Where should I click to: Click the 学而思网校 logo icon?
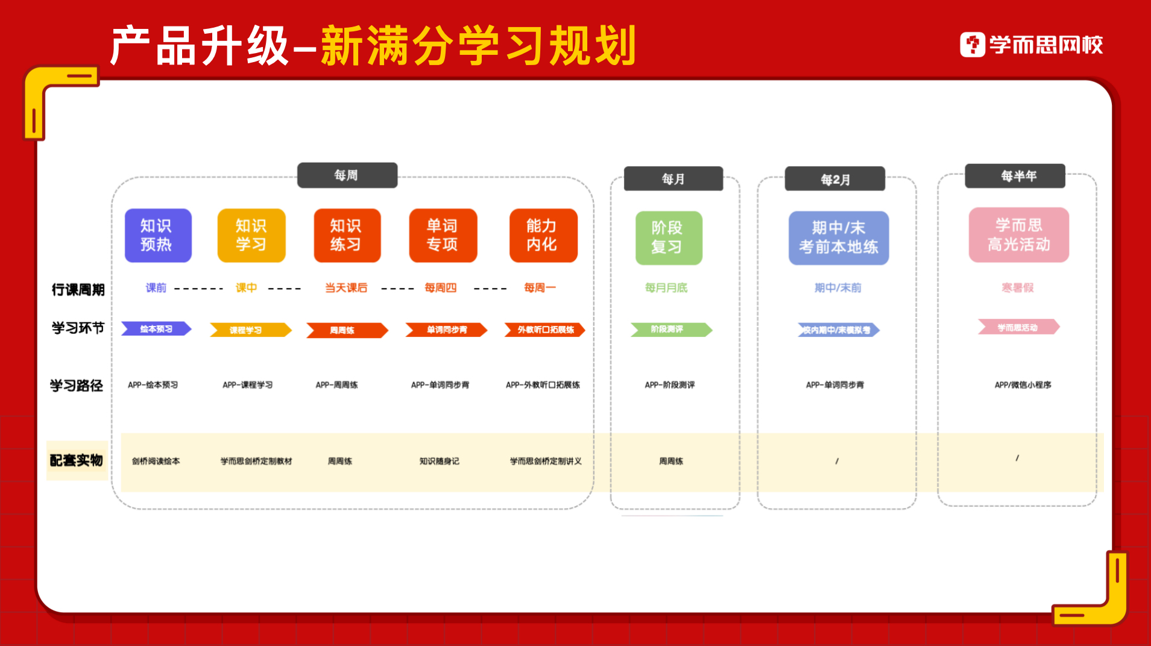[x=972, y=45]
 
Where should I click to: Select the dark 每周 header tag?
[x=347, y=175]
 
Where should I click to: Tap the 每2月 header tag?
[x=834, y=179]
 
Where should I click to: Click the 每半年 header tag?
[x=1018, y=176]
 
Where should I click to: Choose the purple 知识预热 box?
[x=157, y=235]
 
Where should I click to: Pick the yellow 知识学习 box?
[x=251, y=235]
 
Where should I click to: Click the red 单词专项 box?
[x=443, y=235]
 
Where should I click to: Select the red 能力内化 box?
[x=543, y=235]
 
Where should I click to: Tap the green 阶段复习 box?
[x=668, y=237]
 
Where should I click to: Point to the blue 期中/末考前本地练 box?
[x=838, y=237]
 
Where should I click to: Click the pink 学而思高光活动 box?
[x=1018, y=234]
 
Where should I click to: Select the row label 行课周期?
[x=78, y=290]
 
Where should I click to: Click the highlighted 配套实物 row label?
[x=77, y=460]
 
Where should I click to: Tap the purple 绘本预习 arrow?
[x=156, y=329]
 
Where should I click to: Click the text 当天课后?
[x=345, y=288]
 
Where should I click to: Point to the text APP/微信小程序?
[x=1023, y=384]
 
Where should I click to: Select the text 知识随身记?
[x=439, y=461]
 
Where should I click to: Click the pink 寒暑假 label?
[x=1017, y=288]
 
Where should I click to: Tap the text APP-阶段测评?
[x=669, y=384]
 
